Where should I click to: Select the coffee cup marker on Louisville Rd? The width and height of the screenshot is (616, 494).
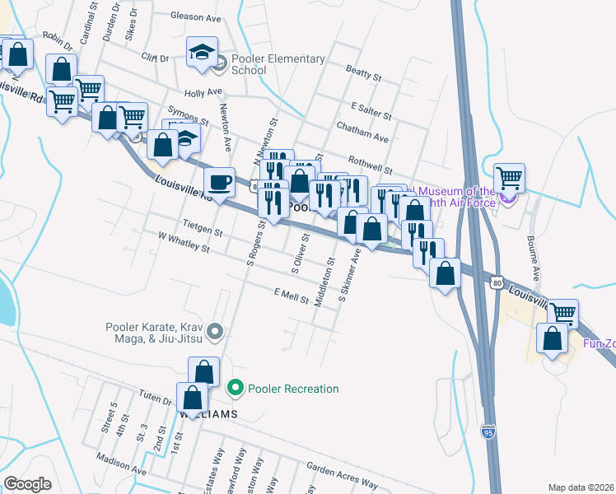219,181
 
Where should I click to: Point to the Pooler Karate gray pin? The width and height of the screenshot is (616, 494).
216,332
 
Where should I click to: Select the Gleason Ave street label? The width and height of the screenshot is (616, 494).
197,16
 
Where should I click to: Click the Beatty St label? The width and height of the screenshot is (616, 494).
364,74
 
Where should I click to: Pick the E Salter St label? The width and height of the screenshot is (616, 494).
369,108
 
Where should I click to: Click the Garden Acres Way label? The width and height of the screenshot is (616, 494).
342,473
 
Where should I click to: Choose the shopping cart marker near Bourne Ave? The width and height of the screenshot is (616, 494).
510,179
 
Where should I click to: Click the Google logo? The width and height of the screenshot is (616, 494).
28,484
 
